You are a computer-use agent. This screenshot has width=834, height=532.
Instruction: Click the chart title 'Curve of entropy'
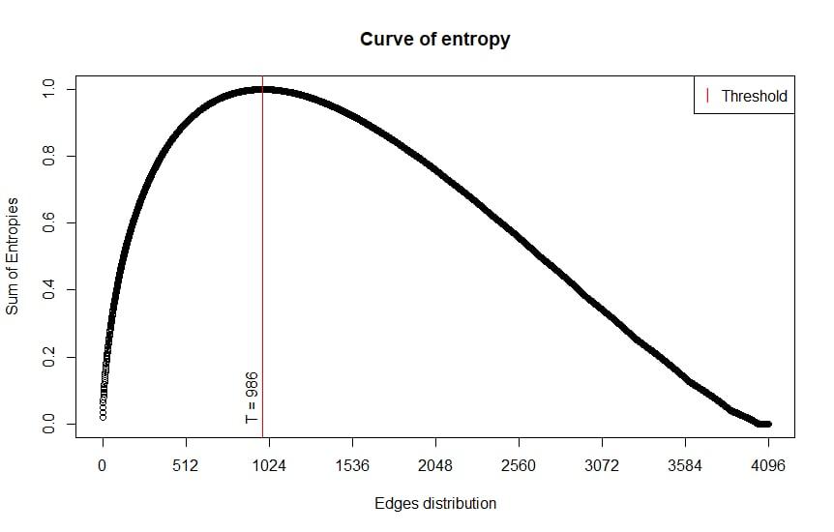click(x=434, y=40)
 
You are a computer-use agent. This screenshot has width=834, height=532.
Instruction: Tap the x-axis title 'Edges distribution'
click(x=434, y=504)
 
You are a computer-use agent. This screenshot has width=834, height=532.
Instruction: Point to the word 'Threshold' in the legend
click(x=754, y=96)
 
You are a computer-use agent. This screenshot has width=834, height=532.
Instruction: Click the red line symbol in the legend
click(x=708, y=95)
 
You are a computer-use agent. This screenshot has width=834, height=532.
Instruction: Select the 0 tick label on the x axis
click(x=103, y=466)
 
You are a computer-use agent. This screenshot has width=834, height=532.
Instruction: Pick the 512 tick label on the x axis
click(x=186, y=466)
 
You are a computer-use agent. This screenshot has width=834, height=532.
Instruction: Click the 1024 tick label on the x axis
click(x=269, y=466)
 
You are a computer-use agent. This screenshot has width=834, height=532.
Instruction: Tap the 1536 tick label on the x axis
click(x=352, y=466)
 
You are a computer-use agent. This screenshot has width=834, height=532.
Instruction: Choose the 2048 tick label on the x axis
click(x=435, y=466)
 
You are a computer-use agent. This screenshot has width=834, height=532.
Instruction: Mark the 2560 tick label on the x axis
click(x=519, y=466)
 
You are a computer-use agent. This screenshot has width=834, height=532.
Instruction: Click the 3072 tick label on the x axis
click(x=602, y=466)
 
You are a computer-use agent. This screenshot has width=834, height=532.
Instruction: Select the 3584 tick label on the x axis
click(x=685, y=466)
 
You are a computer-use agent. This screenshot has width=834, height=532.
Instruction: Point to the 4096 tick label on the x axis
click(x=768, y=466)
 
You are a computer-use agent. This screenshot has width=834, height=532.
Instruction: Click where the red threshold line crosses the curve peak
click(x=262, y=90)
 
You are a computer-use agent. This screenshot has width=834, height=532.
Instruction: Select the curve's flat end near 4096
click(x=764, y=424)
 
